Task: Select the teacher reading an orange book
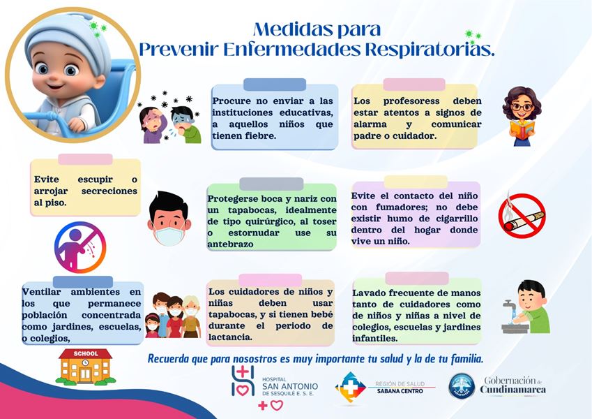coord(522,116)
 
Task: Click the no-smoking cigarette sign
coord(522,215)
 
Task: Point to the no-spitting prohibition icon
coord(80,247)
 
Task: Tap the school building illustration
coord(86,367)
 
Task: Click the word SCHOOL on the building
coord(86,353)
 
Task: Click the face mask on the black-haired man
coord(169,235)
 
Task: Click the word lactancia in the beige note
coord(230,337)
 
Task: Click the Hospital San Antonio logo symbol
coord(243,381)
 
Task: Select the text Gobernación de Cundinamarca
coord(513,385)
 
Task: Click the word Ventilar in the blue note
coord(41,292)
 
